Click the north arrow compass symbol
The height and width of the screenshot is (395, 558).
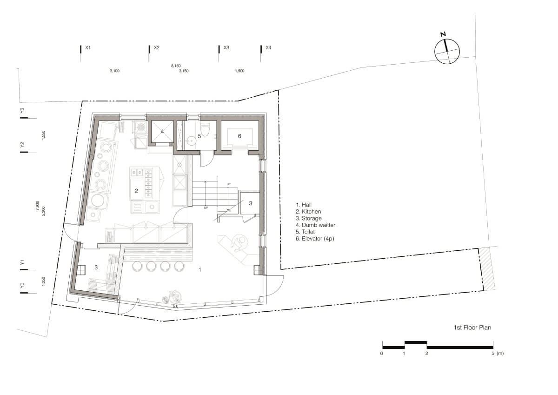[x=447, y=51]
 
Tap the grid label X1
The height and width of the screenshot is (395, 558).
[x=88, y=47]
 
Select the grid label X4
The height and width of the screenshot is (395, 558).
[x=268, y=47]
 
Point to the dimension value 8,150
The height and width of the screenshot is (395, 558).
[x=176, y=66]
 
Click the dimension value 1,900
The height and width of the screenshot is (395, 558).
[x=239, y=71]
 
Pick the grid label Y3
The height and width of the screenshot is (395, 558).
[x=22, y=110]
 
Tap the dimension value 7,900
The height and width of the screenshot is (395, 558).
[x=37, y=206]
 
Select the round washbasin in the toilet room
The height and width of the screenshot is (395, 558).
[x=191, y=141]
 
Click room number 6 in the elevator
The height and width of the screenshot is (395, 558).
[x=239, y=136]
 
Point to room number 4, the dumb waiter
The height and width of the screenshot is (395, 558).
[x=162, y=131]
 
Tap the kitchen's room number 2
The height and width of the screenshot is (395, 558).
[x=136, y=191]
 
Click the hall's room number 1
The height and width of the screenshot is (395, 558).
[x=200, y=269]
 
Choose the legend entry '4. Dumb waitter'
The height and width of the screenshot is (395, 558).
[x=316, y=225]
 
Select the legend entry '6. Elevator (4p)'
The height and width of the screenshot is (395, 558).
[x=315, y=239]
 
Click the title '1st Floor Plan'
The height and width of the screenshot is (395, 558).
[x=472, y=328]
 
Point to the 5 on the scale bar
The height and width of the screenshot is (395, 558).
[x=493, y=354]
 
